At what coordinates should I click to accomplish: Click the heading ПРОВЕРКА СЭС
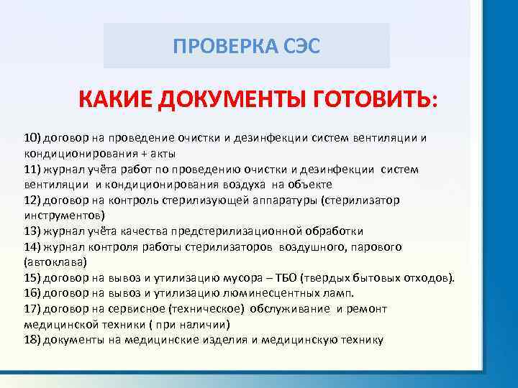pos(247,46)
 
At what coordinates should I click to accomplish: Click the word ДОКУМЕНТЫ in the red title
pos(231,99)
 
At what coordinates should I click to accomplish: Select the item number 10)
pos(32,138)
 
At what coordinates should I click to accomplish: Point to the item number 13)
pos(32,231)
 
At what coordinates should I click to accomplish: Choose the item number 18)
pos(32,340)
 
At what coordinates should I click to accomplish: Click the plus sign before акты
pos(144,154)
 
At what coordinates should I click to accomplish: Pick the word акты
pos(163,154)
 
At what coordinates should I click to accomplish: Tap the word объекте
pos(310,185)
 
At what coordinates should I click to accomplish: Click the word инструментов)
pos(65,216)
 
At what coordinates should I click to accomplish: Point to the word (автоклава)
pos(55,262)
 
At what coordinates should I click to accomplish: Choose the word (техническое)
pos(206,309)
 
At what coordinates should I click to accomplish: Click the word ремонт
pos(366,310)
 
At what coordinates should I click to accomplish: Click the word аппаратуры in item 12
pos(285,200)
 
